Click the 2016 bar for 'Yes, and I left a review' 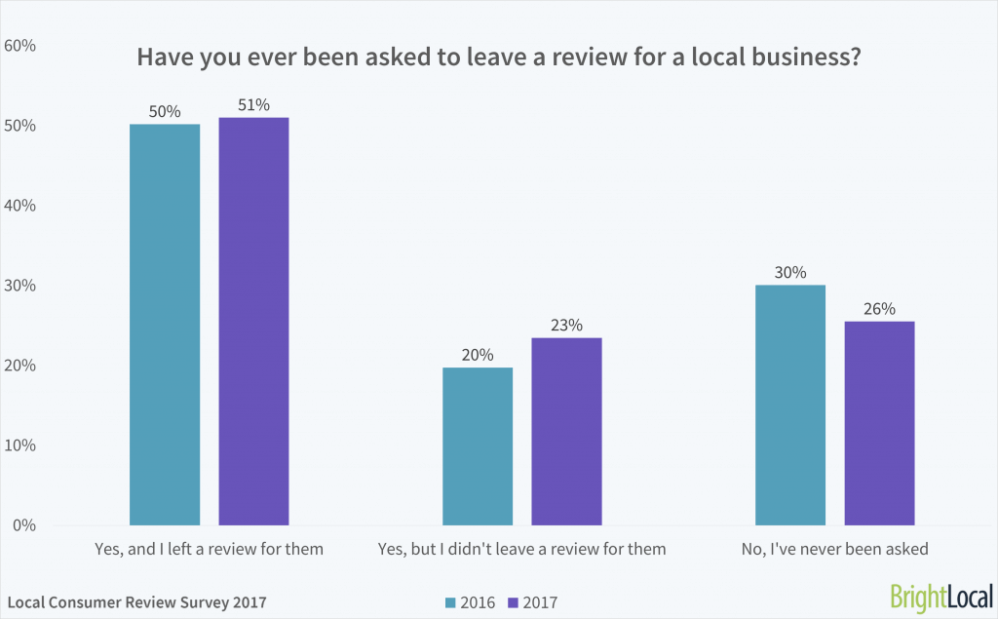pos(165,325)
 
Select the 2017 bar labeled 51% pos(253,321)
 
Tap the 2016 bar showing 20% pos(478,445)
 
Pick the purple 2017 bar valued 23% pos(566,431)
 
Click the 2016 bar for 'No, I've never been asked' pos(790,405)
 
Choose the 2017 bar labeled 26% pos(879,423)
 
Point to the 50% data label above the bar pos(165,111)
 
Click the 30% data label pos(790,273)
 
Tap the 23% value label pos(566,326)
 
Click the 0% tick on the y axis pos(24,525)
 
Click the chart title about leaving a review pos(498,57)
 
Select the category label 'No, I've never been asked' pos(835,549)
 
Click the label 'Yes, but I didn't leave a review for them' pos(521,549)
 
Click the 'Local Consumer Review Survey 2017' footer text pos(135,602)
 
